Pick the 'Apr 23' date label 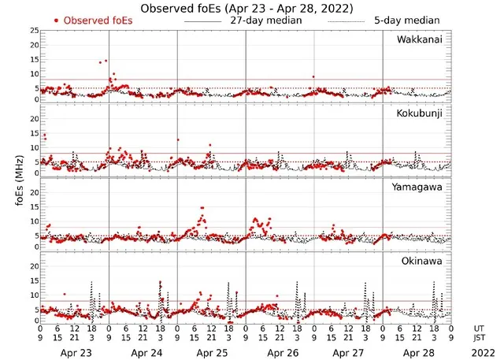click(x=75, y=351)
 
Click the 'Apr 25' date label click(x=212, y=351)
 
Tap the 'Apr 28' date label click(x=417, y=351)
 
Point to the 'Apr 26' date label click(x=280, y=351)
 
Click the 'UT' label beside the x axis click(x=480, y=328)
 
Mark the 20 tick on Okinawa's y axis click(x=34, y=266)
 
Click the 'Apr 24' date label click(x=143, y=351)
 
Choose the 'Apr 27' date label click(x=349, y=351)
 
